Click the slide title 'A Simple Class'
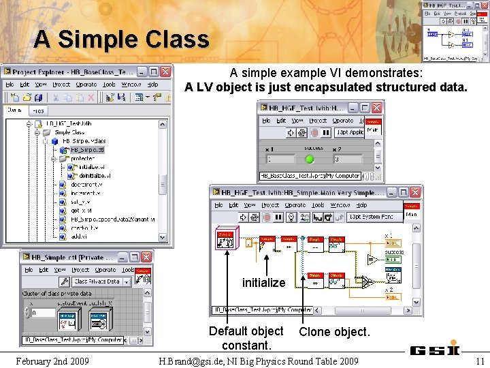(121, 39)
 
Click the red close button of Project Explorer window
(165, 72)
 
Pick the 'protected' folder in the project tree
(82, 158)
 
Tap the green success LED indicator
(310, 159)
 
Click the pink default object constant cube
(225, 238)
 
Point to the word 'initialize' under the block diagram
(263, 282)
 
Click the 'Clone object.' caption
(334, 332)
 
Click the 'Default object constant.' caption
(246, 338)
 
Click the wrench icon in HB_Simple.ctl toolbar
(65, 281)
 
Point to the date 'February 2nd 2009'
(52, 361)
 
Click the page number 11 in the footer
(480, 361)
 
